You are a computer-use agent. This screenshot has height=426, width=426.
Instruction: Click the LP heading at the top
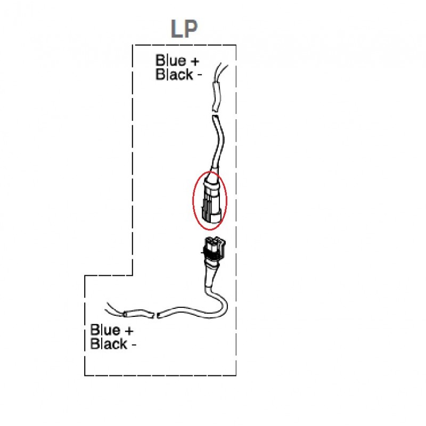pos(184,29)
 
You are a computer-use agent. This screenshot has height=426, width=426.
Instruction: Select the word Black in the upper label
pos(174,75)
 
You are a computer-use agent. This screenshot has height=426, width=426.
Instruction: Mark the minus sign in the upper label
pos(199,75)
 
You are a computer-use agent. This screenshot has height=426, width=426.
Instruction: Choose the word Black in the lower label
pos(109,344)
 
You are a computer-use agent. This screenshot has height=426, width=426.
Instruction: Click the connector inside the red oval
pos(209,200)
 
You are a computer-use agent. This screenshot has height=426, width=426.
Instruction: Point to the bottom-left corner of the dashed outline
pos(85,375)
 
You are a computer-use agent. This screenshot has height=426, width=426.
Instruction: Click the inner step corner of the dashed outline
pos(133,275)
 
